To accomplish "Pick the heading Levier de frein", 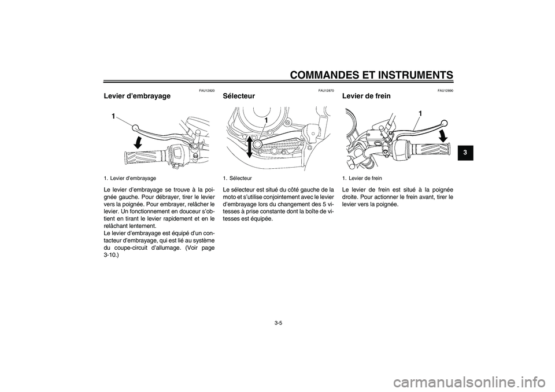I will click(x=367, y=96).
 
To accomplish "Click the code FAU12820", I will click(x=207, y=90).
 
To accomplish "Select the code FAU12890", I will click(x=445, y=90).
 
